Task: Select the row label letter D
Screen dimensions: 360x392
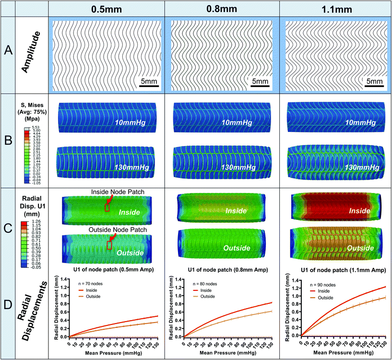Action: (7, 311)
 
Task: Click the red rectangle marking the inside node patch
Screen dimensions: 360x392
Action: (107, 207)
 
